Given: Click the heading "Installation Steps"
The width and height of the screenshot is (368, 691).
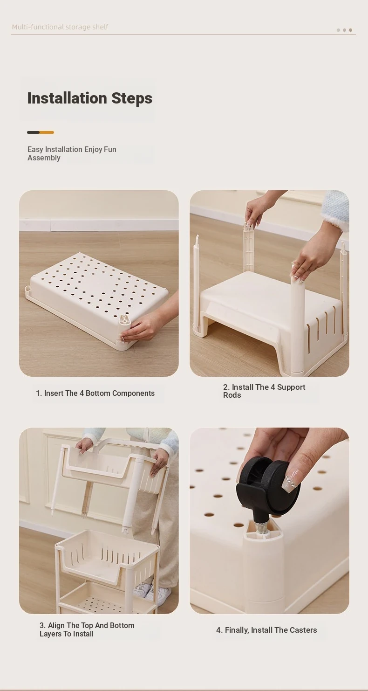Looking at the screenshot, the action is (x=90, y=98).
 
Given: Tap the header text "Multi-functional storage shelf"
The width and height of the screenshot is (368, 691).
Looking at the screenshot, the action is (x=60, y=27).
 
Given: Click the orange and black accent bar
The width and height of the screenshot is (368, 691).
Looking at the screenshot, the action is (x=41, y=132).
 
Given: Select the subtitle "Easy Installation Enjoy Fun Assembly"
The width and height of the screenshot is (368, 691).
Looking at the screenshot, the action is (x=72, y=153).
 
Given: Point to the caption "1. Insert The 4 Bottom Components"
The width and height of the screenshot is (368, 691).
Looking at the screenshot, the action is (x=95, y=394).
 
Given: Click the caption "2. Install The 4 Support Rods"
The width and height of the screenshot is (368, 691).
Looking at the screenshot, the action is (x=264, y=391).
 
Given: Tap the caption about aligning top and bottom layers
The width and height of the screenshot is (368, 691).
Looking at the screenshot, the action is (x=87, y=629).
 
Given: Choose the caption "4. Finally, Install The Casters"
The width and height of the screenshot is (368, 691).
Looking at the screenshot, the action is (x=266, y=630).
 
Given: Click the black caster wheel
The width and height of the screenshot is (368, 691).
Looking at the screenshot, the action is (x=267, y=485).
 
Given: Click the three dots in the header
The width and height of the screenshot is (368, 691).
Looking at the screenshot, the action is (x=344, y=30).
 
